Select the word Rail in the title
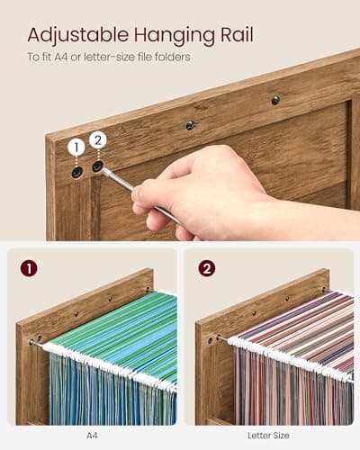point(232,35)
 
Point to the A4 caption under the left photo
point(92,435)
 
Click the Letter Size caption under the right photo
point(268,435)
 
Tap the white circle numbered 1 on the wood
point(76,147)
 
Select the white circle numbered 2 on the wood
point(97,139)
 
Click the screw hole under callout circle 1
point(77,171)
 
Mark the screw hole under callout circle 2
point(97,166)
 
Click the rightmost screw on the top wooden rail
point(275,100)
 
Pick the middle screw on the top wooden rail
point(191,125)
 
